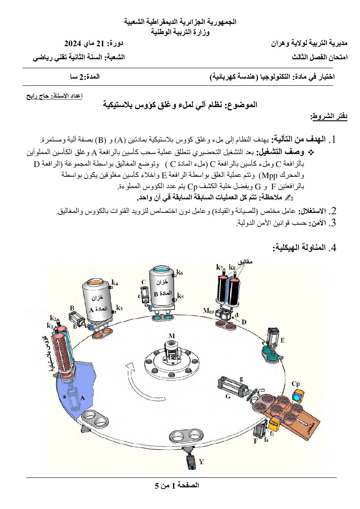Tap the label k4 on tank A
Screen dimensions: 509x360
pos(115,282)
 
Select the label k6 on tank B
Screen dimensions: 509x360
pos(180,272)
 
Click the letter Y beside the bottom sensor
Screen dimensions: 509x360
pos(201,462)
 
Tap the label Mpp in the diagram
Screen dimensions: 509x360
pos(208,310)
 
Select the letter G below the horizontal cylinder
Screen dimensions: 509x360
pos(228,396)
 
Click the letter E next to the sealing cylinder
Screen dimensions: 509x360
pos(282,340)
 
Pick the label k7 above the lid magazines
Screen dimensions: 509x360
pos(219,267)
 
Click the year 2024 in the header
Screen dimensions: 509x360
pos(72,44)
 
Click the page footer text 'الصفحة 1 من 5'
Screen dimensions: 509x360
pos(177,485)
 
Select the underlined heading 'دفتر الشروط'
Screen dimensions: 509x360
pos(329,116)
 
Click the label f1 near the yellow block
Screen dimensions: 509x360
pos(272,434)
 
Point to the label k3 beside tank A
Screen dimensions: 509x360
pos(119,308)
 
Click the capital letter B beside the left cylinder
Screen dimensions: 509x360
pos(72,308)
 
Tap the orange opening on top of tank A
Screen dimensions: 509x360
pos(97,283)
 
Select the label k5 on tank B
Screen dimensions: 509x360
pos(180,296)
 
